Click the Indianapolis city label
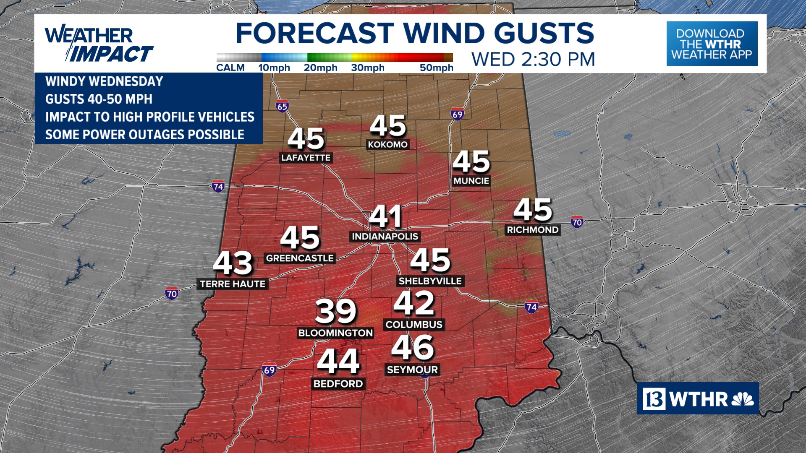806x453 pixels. [x=385, y=237]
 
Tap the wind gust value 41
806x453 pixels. [x=385, y=216]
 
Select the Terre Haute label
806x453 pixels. [x=233, y=284]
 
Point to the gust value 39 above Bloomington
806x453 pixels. [x=336, y=311]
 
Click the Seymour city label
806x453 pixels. [x=412, y=370]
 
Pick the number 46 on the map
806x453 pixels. [x=413, y=347]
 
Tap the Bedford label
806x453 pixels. [x=338, y=384]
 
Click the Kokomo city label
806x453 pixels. [x=388, y=145]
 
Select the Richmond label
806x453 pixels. [x=533, y=230]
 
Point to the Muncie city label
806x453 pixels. [x=471, y=181]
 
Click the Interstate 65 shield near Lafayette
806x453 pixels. [x=283, y=106]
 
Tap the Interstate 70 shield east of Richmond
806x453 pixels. [x=577, y=222]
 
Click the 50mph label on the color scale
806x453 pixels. [x=437, y=68]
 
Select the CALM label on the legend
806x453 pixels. [x=230, y=68]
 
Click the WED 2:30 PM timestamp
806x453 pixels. [x=533, y=60]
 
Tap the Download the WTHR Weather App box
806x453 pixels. [x=712, y=44]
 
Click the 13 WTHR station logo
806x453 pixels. [x=698, y=398]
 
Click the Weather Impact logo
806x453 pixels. [x=99, y=44]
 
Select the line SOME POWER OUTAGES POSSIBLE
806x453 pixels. [x=145, y=135]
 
